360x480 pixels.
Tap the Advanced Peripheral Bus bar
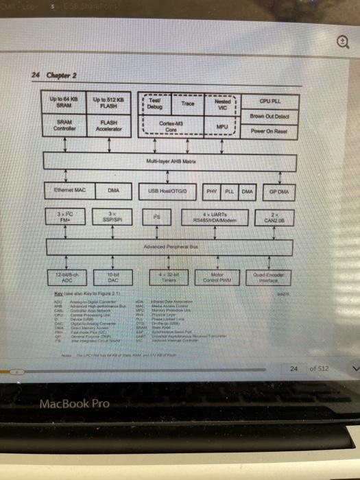[171, 246]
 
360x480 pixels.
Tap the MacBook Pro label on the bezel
[75, 403]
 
